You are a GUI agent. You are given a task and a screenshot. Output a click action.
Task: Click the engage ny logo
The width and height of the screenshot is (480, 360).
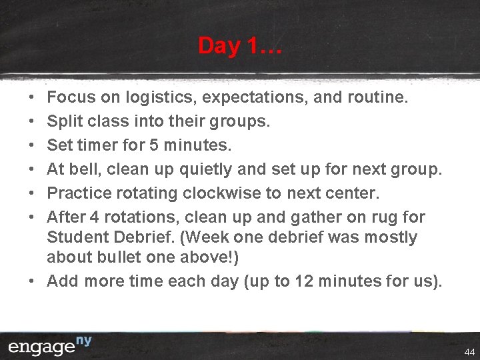click(49, 346)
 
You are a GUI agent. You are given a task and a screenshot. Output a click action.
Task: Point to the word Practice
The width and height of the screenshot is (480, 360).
click(80, 194)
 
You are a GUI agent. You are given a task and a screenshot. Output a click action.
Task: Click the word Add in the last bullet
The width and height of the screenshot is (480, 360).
click(62, 281)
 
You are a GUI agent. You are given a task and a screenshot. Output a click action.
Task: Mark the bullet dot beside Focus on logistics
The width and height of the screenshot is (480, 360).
click(32, 98)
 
